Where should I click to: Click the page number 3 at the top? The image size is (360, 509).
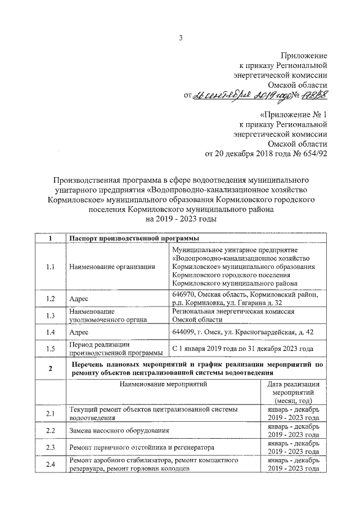pyautogui.click(x=181, y=38)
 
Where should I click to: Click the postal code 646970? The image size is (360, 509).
pyautogui.click(x=184, y=294)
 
